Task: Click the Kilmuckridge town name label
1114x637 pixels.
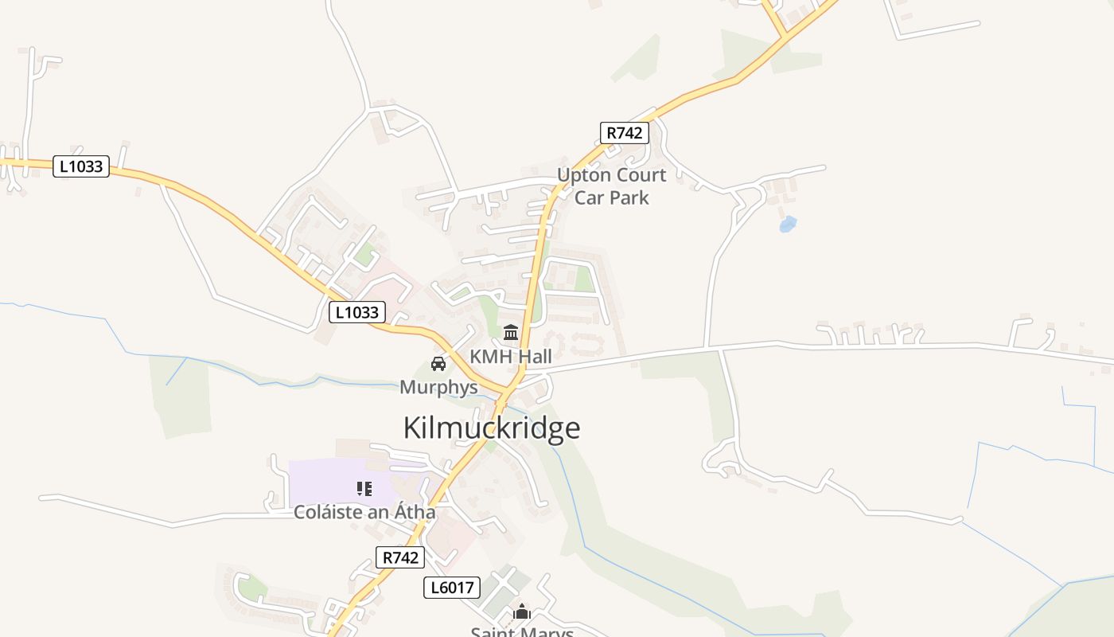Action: coord(492,428)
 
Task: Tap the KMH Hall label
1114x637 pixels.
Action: coord(510,357)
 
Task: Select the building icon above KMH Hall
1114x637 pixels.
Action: coord(511,332)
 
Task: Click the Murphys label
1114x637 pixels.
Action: coord(438,388)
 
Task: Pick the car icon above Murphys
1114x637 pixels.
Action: coord(438,364)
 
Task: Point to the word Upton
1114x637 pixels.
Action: coord(583,175)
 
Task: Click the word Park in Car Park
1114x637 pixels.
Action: coord(630,197)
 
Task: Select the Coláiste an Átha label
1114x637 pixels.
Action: coord(364,512)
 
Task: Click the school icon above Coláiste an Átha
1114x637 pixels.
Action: coord(364,488)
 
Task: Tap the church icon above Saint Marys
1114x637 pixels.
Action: coord(522,612)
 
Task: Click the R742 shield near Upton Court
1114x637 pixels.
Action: coord(624,133)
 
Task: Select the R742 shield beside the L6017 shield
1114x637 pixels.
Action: coord(400,557)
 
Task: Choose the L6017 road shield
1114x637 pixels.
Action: coord(452,588)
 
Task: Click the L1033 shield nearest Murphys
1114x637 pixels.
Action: coord(357,312)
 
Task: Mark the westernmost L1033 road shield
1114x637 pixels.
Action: coord(81,166)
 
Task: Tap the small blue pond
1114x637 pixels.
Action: coord(788,225)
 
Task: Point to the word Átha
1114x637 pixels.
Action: coord(413,512)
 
